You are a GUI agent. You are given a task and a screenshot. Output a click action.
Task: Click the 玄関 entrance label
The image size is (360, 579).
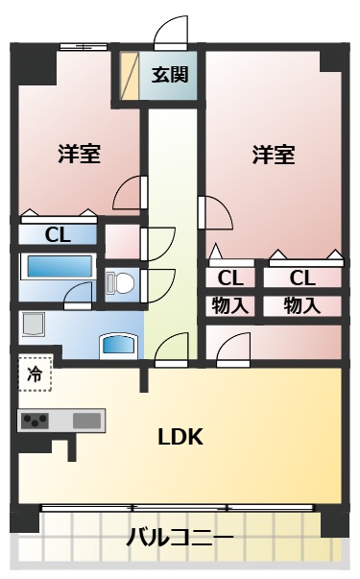click(170, 75)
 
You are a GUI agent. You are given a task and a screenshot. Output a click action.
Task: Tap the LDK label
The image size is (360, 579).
click(180, 437)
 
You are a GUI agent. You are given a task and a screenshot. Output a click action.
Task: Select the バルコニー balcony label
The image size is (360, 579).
click(180, 537)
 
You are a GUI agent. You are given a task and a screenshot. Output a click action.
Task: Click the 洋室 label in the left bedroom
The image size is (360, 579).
click(80, 154)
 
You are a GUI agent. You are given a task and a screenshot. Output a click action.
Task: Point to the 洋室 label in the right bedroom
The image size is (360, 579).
click(274, 155)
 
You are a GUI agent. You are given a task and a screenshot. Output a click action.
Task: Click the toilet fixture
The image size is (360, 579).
click(120, 282)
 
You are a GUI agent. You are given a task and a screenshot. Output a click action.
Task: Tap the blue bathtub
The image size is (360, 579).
click(60, 267)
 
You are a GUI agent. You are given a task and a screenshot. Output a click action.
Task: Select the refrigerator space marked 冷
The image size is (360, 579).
click(36, 374)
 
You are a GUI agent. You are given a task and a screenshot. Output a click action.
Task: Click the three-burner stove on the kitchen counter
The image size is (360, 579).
click(36, 421)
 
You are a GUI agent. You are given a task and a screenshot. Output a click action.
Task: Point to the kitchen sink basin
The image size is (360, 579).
click(86, 421)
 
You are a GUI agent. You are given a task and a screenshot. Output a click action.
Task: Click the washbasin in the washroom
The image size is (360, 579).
click(119, 346)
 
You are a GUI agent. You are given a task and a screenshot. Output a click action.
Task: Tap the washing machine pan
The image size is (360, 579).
click(34, 325)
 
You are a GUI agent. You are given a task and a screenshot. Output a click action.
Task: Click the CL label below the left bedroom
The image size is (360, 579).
click(58, 235)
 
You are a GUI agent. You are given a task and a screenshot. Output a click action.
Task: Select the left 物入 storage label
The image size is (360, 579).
click(229, 305)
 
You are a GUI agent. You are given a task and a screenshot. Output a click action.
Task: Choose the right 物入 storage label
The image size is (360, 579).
click(301, 305)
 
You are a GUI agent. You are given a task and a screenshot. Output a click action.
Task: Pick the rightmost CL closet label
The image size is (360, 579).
click(302, 278)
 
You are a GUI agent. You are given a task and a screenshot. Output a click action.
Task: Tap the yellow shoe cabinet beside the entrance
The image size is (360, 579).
click(130, 76)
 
